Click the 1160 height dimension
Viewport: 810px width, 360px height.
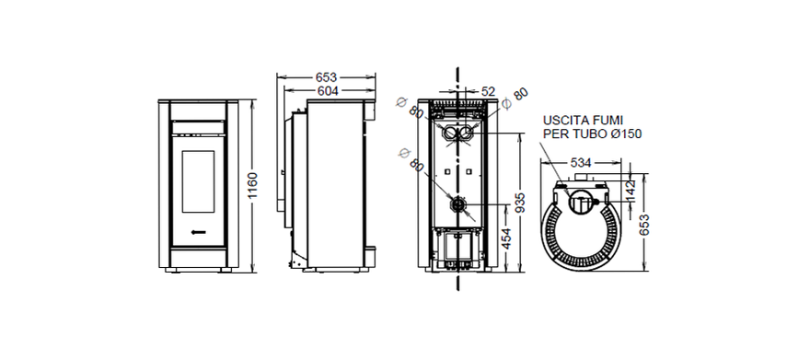(252, 185)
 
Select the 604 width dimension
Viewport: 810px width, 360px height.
(328, 91)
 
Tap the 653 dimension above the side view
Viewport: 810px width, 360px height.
(327, 77)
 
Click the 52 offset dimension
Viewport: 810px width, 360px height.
(488, 91)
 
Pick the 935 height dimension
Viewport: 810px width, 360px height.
(520, 205)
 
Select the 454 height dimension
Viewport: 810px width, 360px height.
(506, 238)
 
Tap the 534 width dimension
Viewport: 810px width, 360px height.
(581, 163)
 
